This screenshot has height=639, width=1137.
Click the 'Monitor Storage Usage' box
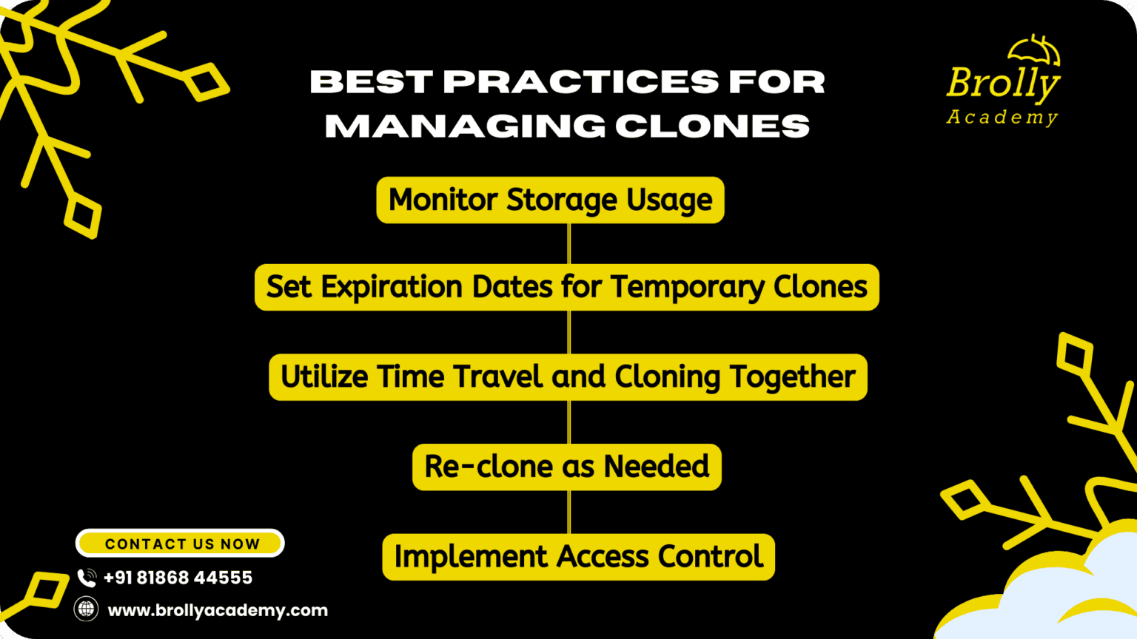coord(550,200)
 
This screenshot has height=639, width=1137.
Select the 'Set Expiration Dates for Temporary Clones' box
coord(567,287)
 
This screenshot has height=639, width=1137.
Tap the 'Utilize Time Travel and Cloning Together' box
coord(568,376)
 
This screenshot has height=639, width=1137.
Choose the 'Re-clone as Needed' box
coord(567,467)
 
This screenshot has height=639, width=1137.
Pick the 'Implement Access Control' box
coord(579,557)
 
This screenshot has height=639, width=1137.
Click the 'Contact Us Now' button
coord(180,543)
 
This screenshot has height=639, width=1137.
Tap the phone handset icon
coord(87,578)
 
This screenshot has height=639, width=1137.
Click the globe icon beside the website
coord(87,609)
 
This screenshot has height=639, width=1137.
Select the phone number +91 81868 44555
coord(178,578)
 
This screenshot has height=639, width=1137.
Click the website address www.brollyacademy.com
coord(218,610)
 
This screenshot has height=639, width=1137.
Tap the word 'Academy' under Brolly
coord(1002,118)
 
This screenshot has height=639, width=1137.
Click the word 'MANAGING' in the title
coord(465,126)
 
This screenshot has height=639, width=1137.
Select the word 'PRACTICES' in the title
coord(580,81)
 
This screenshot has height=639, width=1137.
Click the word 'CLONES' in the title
coord(713,126)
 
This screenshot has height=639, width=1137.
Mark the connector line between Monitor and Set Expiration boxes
coord(569,243)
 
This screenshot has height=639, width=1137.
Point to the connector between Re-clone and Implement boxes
coord(569,513)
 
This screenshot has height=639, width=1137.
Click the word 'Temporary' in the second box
coord(687,288)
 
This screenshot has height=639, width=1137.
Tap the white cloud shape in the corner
coord(1046,593)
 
